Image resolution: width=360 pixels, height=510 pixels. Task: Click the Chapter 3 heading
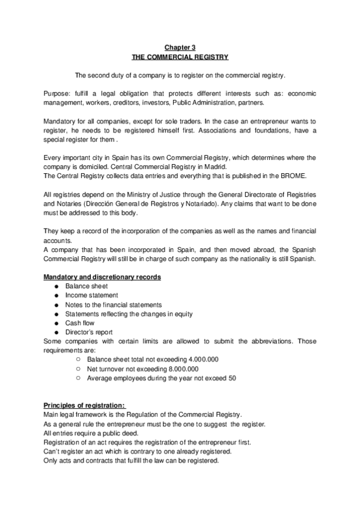click(180, 46)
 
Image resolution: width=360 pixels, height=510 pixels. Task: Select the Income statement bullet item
click(91, 295)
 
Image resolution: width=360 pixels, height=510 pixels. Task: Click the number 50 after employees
click(231, 378)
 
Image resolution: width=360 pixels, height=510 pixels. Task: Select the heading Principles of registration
click(85, 405)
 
